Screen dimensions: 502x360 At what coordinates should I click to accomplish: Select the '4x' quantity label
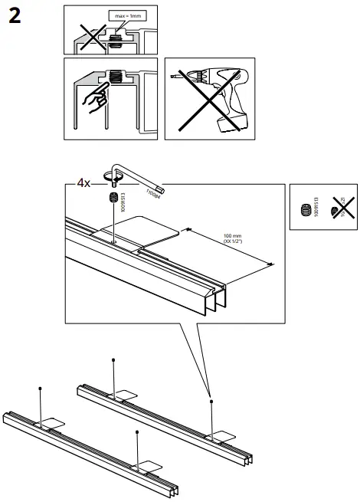click(x=84, y=184)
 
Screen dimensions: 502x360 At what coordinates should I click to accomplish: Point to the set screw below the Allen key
click(x=113, y=199)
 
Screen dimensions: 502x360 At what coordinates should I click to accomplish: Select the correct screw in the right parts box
click(x=307, y=208)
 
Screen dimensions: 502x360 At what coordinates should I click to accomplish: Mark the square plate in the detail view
click(x=136, y=228)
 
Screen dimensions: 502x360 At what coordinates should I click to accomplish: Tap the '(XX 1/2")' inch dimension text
click(x=233, y=241)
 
